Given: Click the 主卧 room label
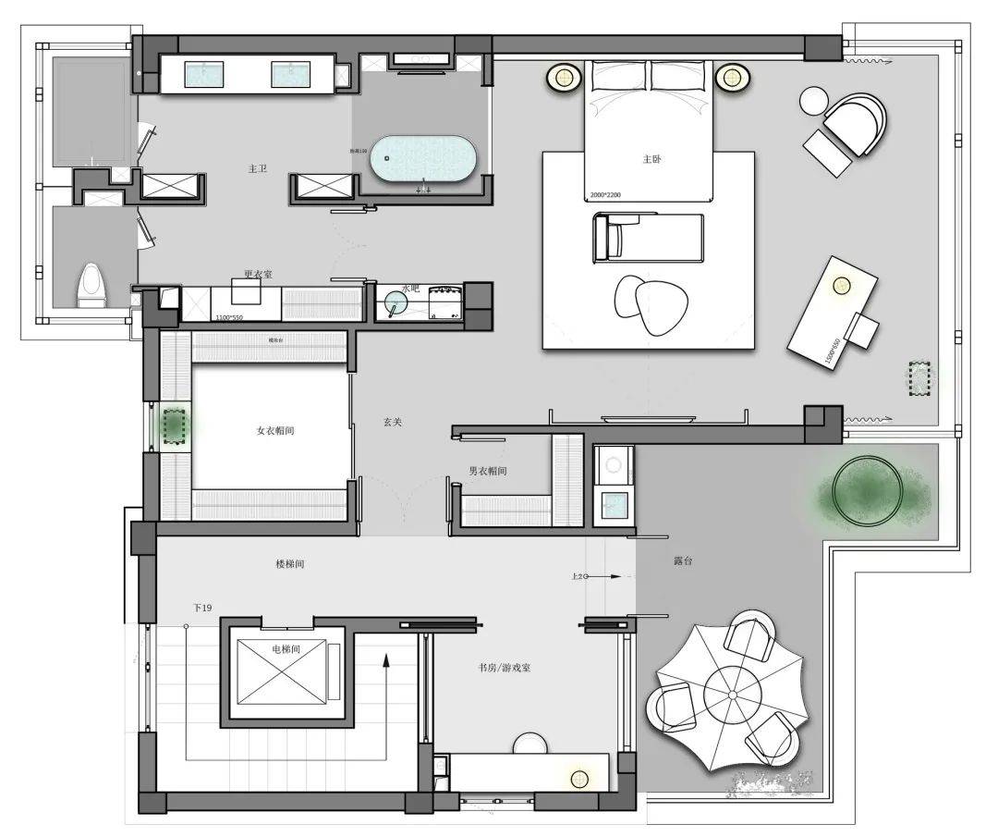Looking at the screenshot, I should tap(651, 159).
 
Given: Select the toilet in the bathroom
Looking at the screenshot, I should tap(91, 284).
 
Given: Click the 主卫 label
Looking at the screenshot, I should tap(258, 169).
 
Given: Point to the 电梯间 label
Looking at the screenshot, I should tap(286, 649).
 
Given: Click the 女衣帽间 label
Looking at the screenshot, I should tap(276, 431).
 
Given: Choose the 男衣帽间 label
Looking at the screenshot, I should tap(487, 471).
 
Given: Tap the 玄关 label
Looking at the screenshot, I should tap(393, 422).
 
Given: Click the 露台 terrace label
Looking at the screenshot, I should tap(682, 561).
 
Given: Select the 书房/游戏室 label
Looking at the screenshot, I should tap(505, 667).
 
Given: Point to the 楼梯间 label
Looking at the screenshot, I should tap(291, 563).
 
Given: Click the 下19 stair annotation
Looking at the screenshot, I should tap(202, 608).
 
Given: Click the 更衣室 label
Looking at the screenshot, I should tap(258, 274).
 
